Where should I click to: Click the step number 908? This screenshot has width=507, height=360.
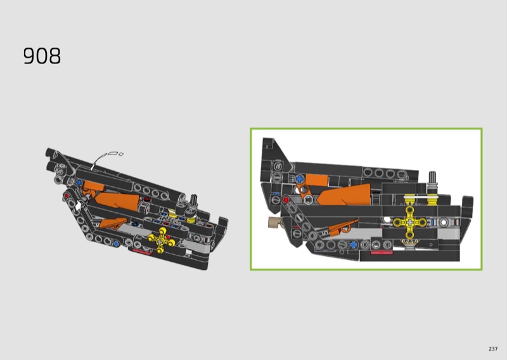(x=42, y=56)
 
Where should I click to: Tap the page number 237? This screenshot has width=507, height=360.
(x=493, y=349)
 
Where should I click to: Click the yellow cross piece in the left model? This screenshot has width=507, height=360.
(x=161, y=240)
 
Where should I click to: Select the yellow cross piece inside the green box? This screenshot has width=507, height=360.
(x=410, y=222)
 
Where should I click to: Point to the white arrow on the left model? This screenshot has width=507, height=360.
(x=78, y=206)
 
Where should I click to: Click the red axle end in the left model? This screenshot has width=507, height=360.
(x=67, y=195)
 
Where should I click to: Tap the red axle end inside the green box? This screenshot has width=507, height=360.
(x=286, y=200)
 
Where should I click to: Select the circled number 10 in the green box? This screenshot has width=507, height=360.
(x=278, y=166)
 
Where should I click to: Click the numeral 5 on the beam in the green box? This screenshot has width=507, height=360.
(x=325, y=232)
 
